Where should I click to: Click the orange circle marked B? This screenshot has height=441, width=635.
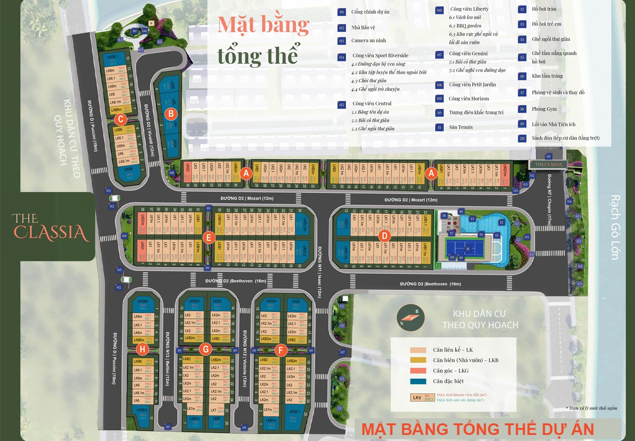click(x=171, y=113)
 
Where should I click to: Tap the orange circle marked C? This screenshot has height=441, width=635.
click(x=120, y=119)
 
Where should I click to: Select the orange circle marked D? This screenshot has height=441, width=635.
click(x=384, y=236)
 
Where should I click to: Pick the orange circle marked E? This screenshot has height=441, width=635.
click(x=209, y=238)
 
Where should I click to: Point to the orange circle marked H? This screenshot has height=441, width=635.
click(x=142, y=350)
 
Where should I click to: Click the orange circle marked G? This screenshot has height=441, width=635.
click(x=205, y=350)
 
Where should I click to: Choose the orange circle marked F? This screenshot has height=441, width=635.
click(x=280, y=350)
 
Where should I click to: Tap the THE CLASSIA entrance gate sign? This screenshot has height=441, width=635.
click(x=549, y=164)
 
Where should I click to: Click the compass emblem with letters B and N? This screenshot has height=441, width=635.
click(x=411, y=318)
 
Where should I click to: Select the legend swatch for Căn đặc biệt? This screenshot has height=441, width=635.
click(x=418, y=381)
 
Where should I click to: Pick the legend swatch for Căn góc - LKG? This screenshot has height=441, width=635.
click(x=418, y=370)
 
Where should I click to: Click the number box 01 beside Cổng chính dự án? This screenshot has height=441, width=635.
click(x=342, y=12)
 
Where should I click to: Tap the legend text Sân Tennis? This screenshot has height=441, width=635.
click(x=461, y=127)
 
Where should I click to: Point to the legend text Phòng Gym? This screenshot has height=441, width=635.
click(x=544, y=109)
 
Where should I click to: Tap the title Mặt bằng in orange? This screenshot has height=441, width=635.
click(x=263, y=24)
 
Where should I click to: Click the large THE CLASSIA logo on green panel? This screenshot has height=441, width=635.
click(x=51, y=227)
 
